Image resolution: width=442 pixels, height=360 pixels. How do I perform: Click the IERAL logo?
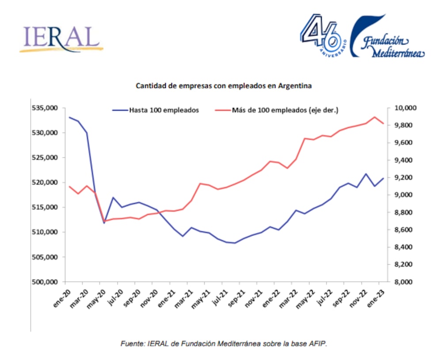(60, 39)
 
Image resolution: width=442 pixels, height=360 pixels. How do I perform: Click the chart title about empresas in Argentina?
(224, 86)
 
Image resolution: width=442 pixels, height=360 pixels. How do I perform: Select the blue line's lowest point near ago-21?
(235, 243)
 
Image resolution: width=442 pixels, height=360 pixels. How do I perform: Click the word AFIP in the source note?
(319, 343)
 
